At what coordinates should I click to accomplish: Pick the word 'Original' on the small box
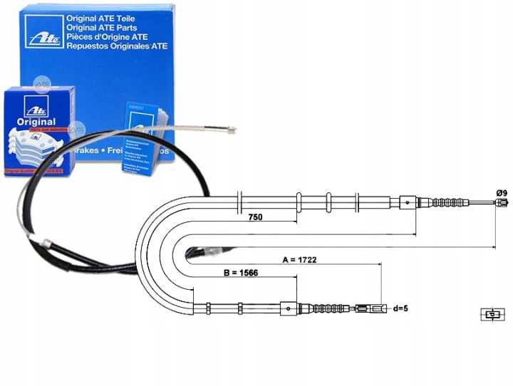pyautogui.click(x=36, y=122)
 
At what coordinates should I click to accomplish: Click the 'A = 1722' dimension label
pyautogui.click(x=299, y=260)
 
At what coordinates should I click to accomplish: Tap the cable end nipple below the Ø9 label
pyautogui.click(x=494, y=204)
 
